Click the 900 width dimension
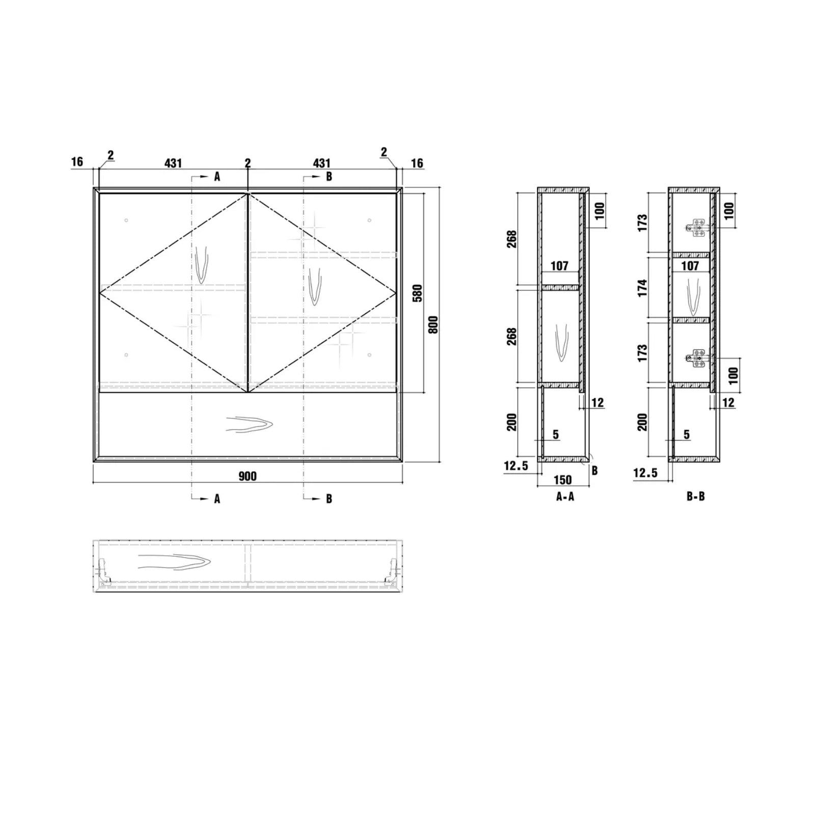[248, 476]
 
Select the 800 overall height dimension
[433, 324]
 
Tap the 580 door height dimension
[417, 293]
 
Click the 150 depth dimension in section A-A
[562, 480]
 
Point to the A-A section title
[565, 497]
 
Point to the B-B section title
[695, 497]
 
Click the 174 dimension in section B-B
[642, 288]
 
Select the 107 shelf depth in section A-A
[559, 265]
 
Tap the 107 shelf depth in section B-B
[690, 265]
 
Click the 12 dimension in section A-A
[597, 402]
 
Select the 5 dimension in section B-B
[686, 434]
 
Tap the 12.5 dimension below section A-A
[516, 466]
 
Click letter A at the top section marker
[217, 177]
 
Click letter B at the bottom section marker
[329, 499]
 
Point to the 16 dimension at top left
[77, 162]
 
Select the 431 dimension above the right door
[321, 163]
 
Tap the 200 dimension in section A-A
[512, 422]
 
